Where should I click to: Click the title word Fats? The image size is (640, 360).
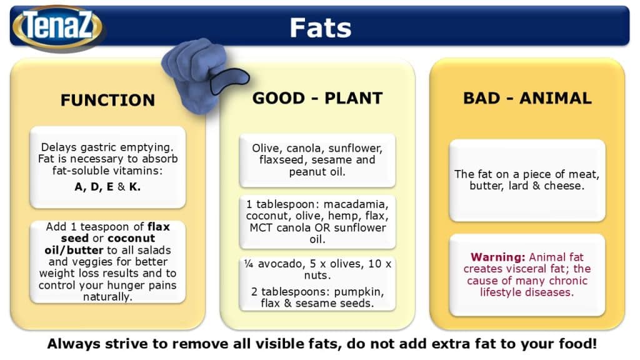tap(321, 27)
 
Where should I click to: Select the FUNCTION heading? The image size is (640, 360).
tap(107, 100)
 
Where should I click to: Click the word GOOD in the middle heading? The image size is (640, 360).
tap(278, 98)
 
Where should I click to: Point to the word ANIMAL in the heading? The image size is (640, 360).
tap(556, 98)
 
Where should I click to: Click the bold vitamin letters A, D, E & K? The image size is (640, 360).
tap(107, 187)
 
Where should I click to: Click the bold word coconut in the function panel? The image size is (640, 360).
tap(131, 238)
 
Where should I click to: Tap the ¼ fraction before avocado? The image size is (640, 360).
tap(249, 264)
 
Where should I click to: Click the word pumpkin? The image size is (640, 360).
tap(359, 292)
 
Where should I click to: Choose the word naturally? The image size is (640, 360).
tap(107, 297)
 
